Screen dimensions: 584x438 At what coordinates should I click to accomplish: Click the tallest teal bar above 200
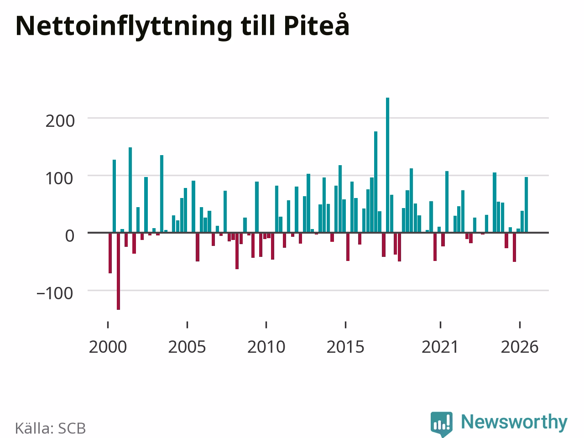(387, 165)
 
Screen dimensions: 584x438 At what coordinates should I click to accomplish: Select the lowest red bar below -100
(118, 271)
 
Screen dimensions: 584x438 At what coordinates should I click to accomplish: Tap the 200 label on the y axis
(60, 121)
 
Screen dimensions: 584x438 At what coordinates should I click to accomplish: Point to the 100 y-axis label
(59, 179)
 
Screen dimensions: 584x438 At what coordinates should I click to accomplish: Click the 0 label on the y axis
(70, 236)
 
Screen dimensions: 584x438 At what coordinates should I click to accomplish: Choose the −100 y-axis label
(55, 293)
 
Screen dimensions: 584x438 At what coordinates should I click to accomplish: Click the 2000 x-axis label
(108, 347)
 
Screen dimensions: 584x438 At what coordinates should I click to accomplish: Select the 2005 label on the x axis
(187, 347)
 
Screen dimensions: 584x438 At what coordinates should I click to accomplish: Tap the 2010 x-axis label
(266, 347)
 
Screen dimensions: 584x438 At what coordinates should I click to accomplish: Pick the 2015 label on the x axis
(345, 347)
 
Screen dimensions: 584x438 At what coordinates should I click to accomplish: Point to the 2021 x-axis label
(440, 347)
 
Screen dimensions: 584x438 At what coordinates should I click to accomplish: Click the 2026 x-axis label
(520, 347)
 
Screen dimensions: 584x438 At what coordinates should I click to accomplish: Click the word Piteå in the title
(317, 25)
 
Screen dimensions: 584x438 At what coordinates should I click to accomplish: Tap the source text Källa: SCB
(50, 428)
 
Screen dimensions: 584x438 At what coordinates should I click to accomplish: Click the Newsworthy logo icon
(442, 424)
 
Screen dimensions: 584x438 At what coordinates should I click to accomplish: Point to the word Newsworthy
(514, 422)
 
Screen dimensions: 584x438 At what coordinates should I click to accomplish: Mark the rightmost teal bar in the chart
(526, 205)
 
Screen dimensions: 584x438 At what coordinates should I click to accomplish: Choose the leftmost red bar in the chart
(110, 253)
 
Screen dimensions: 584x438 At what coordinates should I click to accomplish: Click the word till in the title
(258, 26)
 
